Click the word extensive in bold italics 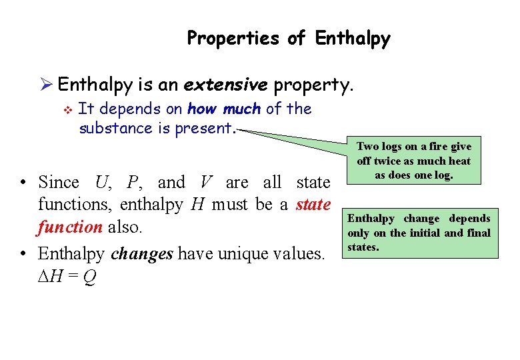coord(225,85)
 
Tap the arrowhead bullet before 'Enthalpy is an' coord(45,85)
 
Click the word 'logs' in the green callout coord(394,146)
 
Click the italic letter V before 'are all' coord(205,182)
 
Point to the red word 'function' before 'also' coord(69,227)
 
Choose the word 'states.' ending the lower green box coord(363,247)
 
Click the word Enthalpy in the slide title coord(353,39)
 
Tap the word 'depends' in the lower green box coord(469,218)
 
